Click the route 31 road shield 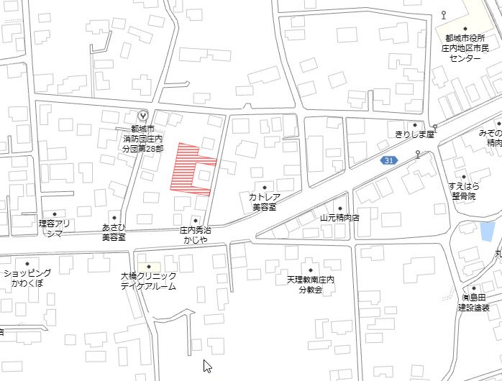(x=389, y=160)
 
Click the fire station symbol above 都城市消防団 (x=142, y=115)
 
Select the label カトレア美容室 (x=264, y=201)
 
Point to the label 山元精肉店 (x=339, y=216)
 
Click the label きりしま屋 (x=415, y=134)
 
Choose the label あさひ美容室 (x=114, y=231)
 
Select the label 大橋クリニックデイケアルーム (x=148, y=281)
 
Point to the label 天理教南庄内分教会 (x=311, y=285)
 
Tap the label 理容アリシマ (x=55, y=228)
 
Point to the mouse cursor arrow (x=207, y=365)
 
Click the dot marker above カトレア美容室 (x=264, y=187)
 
